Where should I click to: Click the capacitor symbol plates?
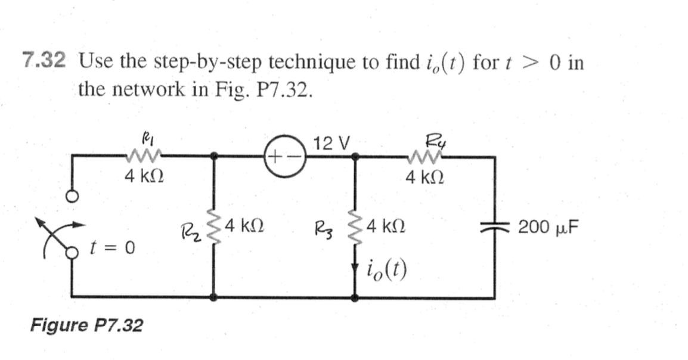(x=494, y=228)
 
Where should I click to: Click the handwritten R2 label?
(x=190, y=230)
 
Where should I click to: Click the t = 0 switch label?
(x=111, y=247)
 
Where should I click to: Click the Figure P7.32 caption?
(x=87, y=325)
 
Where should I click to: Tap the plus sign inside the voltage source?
(x=275, y=158)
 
